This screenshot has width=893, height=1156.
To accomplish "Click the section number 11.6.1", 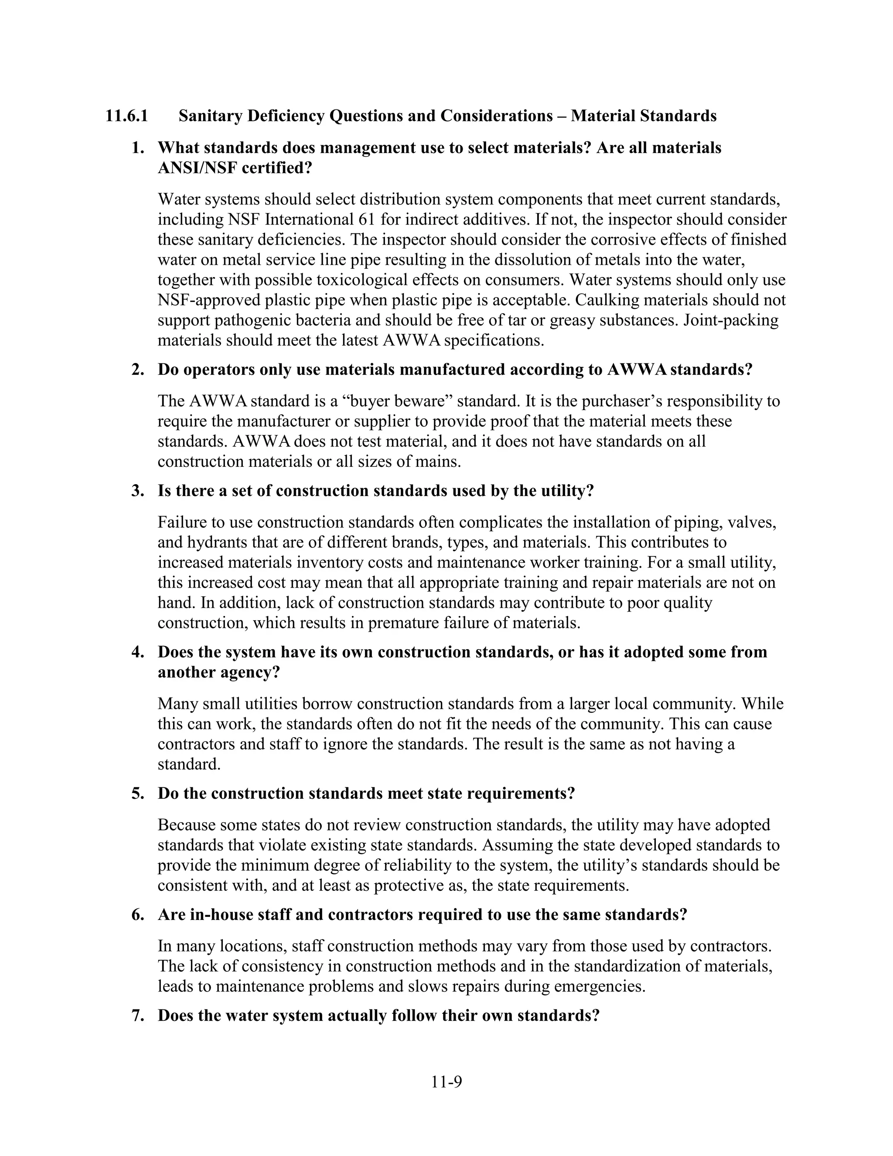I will click(x=126, y=116).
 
